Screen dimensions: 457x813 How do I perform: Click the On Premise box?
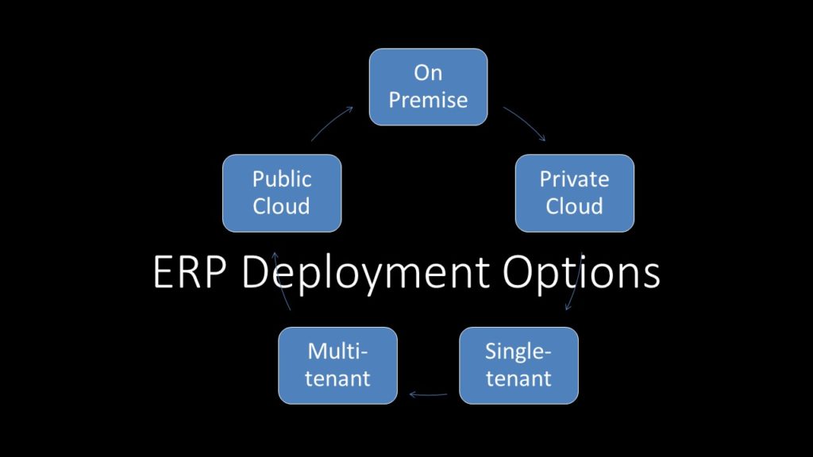428,86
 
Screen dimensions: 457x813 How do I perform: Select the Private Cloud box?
574,193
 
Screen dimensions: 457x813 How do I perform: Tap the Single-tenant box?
518,365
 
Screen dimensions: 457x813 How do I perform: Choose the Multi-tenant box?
337,365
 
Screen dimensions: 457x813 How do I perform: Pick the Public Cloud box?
281,193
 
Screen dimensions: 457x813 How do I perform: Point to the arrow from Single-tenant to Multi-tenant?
428,393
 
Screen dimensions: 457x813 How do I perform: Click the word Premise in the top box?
428,100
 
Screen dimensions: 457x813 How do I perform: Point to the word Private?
574,179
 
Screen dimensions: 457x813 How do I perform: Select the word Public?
281,179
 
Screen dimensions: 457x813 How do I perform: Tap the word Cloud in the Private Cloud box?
574,206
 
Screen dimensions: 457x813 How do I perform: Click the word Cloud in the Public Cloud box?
281,206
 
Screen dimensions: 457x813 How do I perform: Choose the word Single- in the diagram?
518,351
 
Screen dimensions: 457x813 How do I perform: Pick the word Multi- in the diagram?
338,351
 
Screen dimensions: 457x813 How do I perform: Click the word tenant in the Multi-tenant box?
338,378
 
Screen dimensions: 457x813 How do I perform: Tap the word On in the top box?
428,73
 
